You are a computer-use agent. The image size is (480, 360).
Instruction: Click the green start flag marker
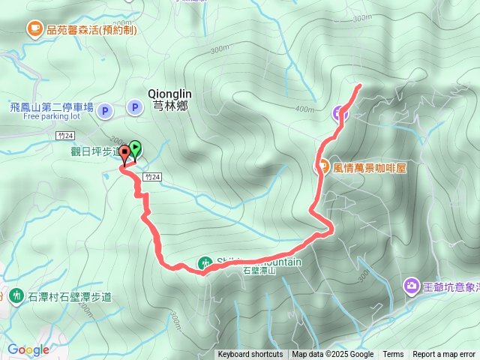coord(136,147)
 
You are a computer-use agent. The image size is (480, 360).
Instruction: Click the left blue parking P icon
coord(104,109)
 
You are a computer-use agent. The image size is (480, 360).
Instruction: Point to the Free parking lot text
coord(51,117)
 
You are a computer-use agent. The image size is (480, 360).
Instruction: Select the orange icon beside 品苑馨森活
coord(34,29)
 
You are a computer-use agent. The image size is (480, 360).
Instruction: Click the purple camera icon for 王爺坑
coord(411,286)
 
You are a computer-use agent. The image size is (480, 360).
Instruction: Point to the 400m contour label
coord(305,109)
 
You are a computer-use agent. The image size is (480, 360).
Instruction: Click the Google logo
coord(28,349)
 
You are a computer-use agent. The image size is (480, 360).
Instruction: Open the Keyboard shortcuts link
coord(250,355)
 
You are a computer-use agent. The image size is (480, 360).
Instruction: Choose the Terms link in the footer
coord(393,355)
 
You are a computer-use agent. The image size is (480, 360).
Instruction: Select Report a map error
coord(444,355)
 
